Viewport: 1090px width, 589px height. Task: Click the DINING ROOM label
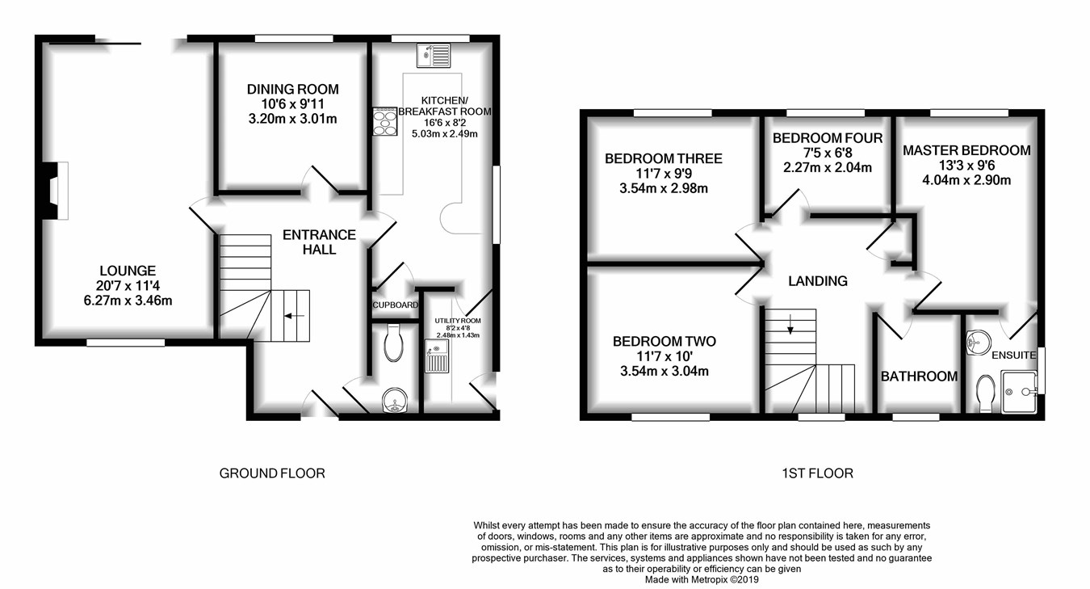pos(292,90)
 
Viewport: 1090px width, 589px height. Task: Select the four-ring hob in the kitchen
pos(385,121)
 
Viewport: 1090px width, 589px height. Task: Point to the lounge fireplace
pos(55,191)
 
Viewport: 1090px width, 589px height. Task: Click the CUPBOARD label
pos(395,305)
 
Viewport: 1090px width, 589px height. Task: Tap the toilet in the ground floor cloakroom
pos(394,343)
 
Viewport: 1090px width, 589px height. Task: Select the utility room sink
pos(437,356)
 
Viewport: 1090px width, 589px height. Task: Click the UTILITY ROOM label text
pos(458,321)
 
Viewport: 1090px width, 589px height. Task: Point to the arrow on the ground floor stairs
pos(295,316)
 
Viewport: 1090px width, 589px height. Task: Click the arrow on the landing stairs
pos(790,324)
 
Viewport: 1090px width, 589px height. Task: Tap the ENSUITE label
pos(1013,356)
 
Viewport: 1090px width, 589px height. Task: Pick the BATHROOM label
pos(919,377)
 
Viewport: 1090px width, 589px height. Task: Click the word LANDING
pos(818,281)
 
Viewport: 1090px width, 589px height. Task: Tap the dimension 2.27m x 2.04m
pos(828,168)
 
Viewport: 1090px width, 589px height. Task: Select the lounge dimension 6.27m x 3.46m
pos(128,301)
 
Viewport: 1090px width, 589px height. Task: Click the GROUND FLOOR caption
pos(272,473)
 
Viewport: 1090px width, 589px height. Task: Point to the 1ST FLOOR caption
pos(817,473)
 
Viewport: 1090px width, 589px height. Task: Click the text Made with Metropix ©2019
pos(702,580)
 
